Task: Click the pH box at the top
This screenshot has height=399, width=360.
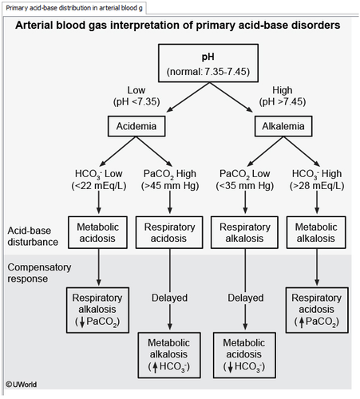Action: [208, 63]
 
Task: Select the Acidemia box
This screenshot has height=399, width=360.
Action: [136, 126]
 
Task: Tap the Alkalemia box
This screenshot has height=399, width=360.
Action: [283, 126]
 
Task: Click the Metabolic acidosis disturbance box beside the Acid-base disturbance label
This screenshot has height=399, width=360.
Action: [97, 232]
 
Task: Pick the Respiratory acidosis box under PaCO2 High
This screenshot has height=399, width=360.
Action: [169, 232]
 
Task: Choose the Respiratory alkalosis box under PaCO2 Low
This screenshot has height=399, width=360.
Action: [244, 232]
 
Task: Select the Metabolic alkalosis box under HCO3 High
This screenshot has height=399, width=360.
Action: [316, 232]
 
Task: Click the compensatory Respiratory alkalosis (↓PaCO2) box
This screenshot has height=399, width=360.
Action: [97, 310]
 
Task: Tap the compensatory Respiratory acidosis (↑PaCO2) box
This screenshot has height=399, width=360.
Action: [317, 310]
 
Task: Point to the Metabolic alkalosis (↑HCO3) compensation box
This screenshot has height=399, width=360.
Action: [169, 355]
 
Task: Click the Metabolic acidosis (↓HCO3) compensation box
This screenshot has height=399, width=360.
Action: [244, 355]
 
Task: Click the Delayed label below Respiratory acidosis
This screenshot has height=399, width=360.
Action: [169, 298]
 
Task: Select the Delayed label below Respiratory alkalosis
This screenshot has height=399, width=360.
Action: [246, 298]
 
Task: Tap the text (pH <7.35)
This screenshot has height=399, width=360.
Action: [136, 102]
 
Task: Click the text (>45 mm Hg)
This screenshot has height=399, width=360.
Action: [170, 186]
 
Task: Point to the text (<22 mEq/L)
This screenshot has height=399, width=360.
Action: [99, 186]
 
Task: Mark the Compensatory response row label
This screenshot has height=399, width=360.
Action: [39, 273]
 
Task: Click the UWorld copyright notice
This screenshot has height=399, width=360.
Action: [22, 385]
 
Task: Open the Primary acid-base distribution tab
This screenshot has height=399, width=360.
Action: [74, 8]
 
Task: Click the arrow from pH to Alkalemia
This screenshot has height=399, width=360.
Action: [231, 97]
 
